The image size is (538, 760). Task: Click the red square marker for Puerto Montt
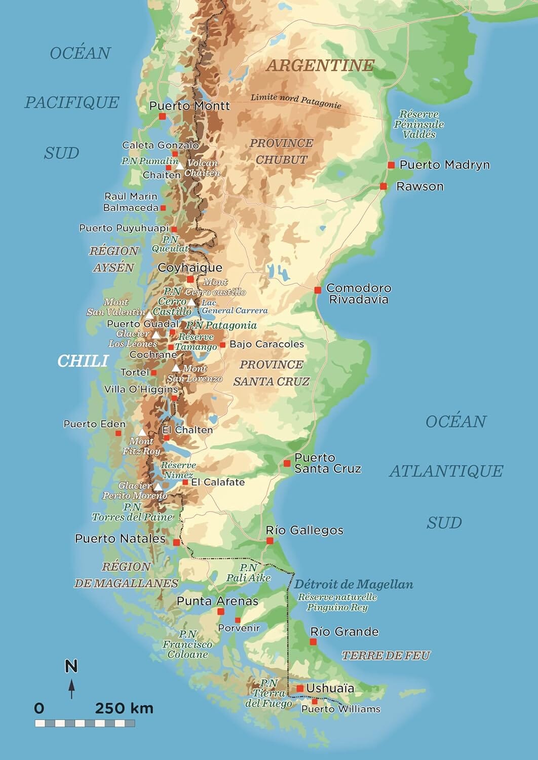point(162,117)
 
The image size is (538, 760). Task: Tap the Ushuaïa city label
point(330,688)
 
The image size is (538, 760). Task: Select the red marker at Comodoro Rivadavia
point(318,290)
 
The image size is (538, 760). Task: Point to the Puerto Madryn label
point(444,165)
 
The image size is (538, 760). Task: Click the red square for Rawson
point(383,186)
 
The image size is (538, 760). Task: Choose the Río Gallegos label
point(304,530)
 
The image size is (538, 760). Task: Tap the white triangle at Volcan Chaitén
point(180,166)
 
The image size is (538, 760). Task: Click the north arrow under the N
point(72,689)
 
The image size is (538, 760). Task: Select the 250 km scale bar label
point(124,708)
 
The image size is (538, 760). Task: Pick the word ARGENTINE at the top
point(320,65)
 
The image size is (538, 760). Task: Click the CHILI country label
point(83,361)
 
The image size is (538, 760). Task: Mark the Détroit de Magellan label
point(354,584)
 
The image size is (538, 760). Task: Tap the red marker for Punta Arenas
point(220,612)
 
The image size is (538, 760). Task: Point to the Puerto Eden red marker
point(118,433)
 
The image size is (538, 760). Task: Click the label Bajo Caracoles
point(266,344)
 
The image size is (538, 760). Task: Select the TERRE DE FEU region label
point(386,656)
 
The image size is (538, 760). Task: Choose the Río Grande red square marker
point(313,642)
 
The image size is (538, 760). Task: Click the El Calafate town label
point(217,482)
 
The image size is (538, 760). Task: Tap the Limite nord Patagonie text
point(296,100)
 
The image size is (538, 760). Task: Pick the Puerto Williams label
point(340,709)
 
